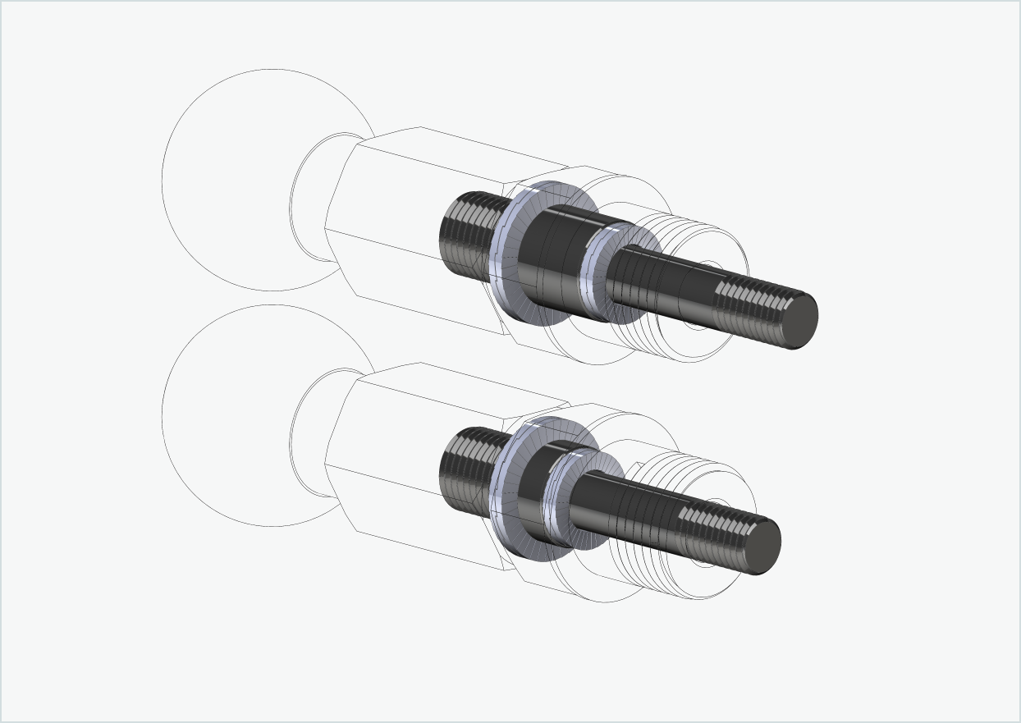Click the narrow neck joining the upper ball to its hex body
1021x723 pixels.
click(x=312, y=197)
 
